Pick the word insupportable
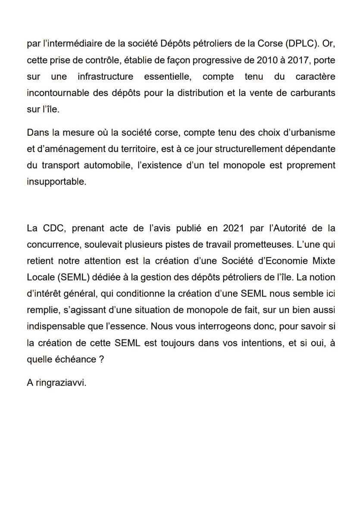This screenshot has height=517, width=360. pyautogui.click(x=56, y=182)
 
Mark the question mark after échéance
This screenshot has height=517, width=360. pyautogui.click(x=100, y=359)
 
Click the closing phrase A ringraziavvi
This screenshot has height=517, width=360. pyautogui.click(x=56, y=383)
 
